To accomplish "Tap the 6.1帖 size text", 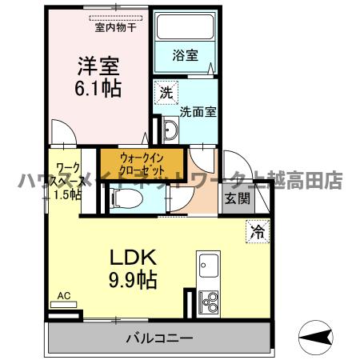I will pos(99,87).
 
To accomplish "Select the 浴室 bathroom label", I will pos(186,55).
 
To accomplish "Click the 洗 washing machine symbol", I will pos(166,92).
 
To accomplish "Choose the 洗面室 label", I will pos(195,112).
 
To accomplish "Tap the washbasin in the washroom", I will pos(168,129).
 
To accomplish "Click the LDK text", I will pos(132,259).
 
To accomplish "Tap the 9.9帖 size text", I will pos(132,281).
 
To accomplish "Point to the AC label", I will pos(63,296).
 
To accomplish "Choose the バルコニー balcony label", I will pos(158,338).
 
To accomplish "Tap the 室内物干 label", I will pos(112,27).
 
